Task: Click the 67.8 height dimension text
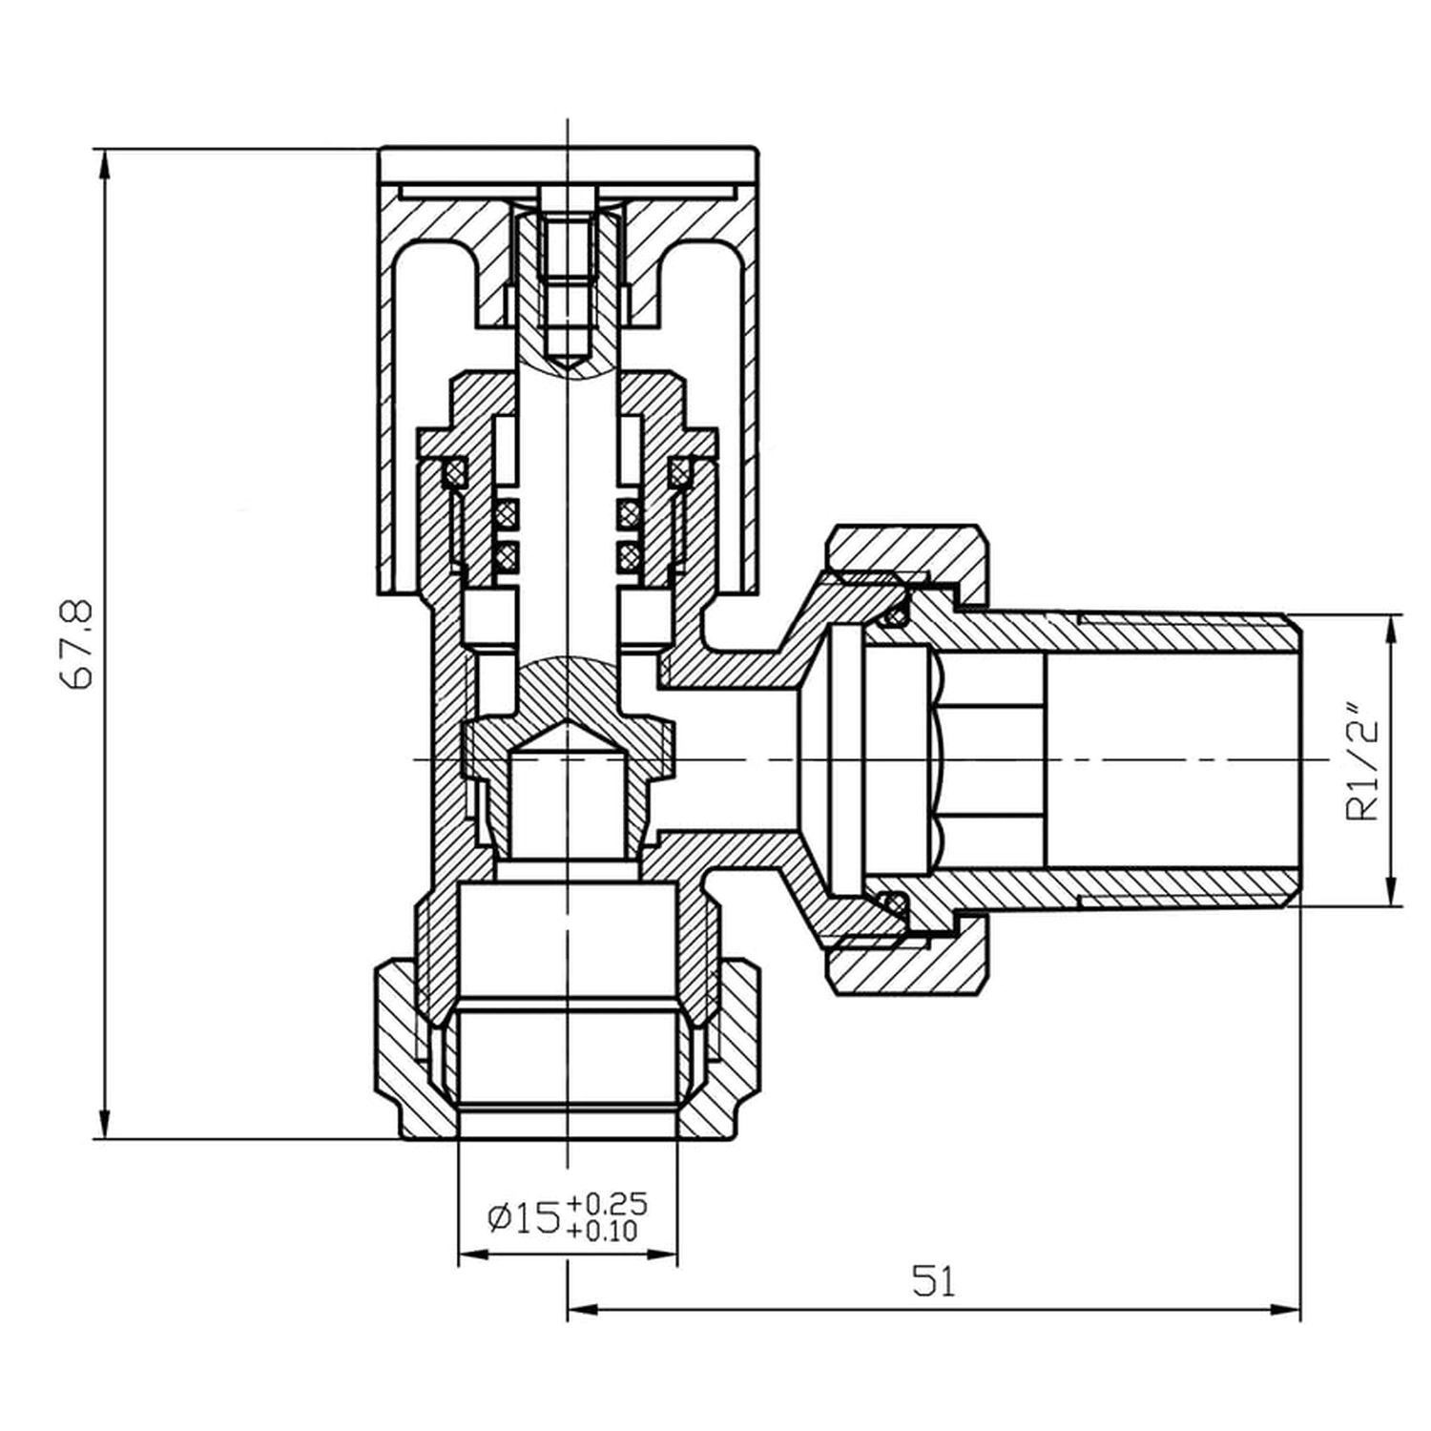[x=77, y=643]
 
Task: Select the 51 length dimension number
[x=933, y=1281]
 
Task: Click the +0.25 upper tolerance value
[x=606, y=1202]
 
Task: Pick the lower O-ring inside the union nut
[x=894, y=902]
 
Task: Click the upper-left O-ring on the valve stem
[x=506, y=515]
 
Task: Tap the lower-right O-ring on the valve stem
[x=628, y=553]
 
